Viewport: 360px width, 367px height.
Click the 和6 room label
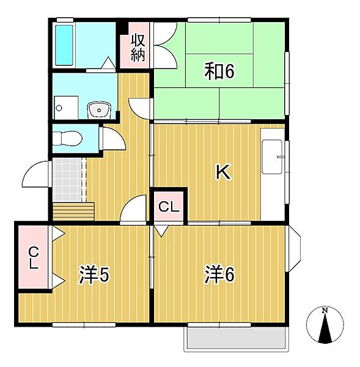219,71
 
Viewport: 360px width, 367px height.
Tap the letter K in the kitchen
223,172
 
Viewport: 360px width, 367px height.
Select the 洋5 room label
94,274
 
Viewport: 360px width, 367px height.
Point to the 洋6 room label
219,274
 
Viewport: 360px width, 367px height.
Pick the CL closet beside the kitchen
169,207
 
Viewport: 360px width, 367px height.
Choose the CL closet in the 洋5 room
34,258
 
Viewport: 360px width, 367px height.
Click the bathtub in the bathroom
64,45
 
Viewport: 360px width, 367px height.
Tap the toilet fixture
67,139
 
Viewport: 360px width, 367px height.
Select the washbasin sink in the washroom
99,109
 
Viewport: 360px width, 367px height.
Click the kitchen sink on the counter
272,157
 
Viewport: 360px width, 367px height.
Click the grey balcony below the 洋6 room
237,338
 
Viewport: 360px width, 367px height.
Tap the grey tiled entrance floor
67,180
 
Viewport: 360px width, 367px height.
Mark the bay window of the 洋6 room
295,249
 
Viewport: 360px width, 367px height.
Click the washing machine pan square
66,108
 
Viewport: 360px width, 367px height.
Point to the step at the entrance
74,212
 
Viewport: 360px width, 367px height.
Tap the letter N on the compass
325,311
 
